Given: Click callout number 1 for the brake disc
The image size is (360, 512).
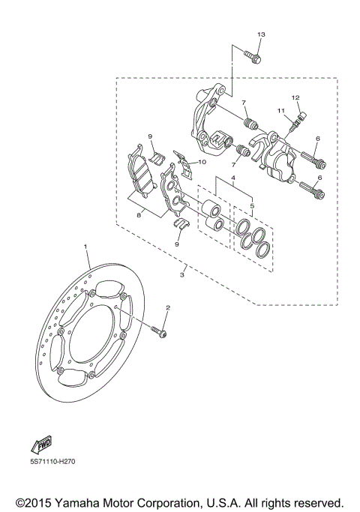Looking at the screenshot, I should [85, 246].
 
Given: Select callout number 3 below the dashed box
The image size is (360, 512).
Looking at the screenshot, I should [183, 275].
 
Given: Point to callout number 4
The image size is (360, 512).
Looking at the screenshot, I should [232, 178].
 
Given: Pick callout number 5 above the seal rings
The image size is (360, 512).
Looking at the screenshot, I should [252, 205].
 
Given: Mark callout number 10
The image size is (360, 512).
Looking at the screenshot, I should [202, 160].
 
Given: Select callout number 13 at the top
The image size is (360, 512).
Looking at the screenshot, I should [261, 35].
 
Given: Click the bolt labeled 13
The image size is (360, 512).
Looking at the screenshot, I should [252, 55].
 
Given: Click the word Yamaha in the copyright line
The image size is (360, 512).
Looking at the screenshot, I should [89, 499].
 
